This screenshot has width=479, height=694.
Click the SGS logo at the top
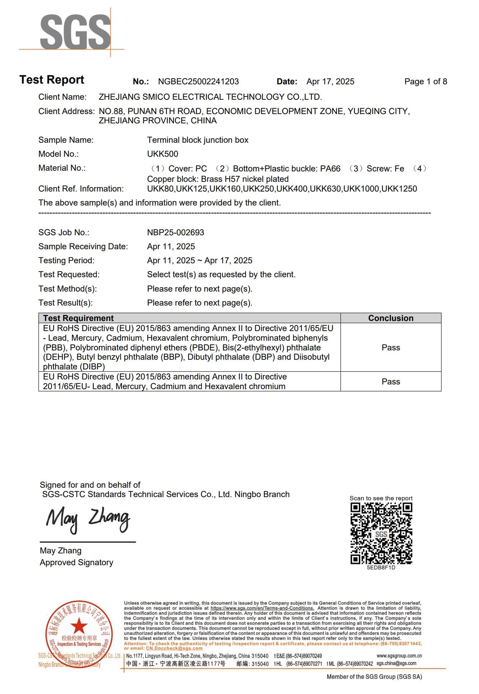75,32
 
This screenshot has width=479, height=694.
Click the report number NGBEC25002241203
198,82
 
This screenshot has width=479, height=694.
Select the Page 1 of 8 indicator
426,82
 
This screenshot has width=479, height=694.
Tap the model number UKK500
162,154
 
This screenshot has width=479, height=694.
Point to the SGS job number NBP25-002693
175,232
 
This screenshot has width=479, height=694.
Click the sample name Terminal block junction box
198,140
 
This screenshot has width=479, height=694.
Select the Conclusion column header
390,318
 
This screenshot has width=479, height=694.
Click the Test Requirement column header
78,318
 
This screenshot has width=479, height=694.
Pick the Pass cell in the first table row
390,348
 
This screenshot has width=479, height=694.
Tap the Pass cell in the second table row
390,382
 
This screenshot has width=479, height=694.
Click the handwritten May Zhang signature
88,520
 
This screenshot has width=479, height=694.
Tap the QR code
381,533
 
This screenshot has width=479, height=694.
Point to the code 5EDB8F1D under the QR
381,568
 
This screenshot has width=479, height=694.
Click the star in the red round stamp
79,627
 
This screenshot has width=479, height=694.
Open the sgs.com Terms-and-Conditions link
262,608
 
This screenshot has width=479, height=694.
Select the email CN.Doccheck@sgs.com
174,648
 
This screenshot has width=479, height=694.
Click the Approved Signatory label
76,562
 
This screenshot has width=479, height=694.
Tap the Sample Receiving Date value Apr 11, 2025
171,246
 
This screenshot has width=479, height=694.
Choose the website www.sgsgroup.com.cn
399,656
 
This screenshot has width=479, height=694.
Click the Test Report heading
52,80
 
